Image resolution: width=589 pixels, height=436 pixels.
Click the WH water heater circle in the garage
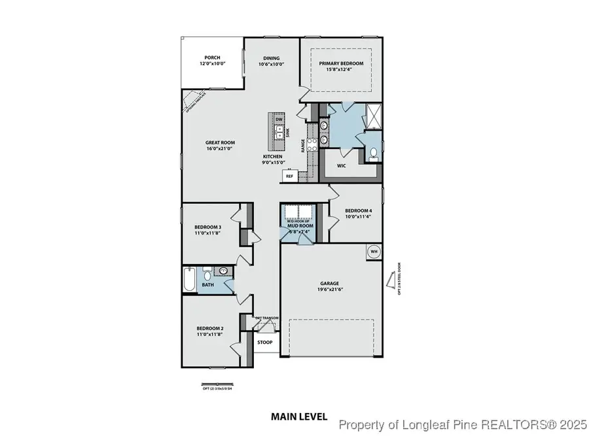374,251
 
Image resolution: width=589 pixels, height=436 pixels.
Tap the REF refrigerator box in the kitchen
289,176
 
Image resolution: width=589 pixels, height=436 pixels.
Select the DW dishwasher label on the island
279,120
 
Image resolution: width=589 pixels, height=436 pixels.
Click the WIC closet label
341,165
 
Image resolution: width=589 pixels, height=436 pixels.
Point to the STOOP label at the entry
265,342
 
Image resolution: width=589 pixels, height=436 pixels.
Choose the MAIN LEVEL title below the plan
294,416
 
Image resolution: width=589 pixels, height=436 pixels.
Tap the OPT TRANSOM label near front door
267,318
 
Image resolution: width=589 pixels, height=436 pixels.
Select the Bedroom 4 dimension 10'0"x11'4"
354,216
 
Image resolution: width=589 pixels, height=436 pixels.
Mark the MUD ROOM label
300,226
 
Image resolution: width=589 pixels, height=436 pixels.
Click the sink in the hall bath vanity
224,271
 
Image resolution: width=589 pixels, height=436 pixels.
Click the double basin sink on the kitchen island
279,133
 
